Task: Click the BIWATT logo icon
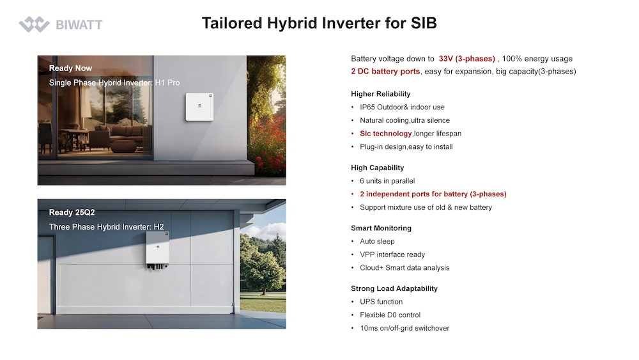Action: (x=35, y=24)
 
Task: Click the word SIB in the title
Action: (x=424, y=23)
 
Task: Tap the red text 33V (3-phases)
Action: (x=466, y=59)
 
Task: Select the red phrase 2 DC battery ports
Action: (x=385, y=72)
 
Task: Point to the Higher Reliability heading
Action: (x=381, y=94)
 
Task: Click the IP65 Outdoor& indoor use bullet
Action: (x=402, y=107)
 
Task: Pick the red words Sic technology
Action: (x=385, y=134)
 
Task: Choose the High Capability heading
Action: (x=378, y=168)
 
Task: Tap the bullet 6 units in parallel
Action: (x=387, y=181)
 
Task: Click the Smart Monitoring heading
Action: (x=381, y=228)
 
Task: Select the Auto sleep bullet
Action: (x=377, y=241)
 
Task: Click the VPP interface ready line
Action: (x=392, y=254)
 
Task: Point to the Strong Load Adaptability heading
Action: (x=394, y=288)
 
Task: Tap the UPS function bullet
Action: (x=381, y=302)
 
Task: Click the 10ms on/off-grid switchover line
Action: (x=404, y=328)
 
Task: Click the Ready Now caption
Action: (x=70, y=68)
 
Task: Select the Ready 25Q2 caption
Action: (x=72, y=212)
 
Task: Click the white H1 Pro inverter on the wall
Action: (x=199, y=107)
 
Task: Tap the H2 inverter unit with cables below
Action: (x=157, y=251)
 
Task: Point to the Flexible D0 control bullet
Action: (x=390, y=315)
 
